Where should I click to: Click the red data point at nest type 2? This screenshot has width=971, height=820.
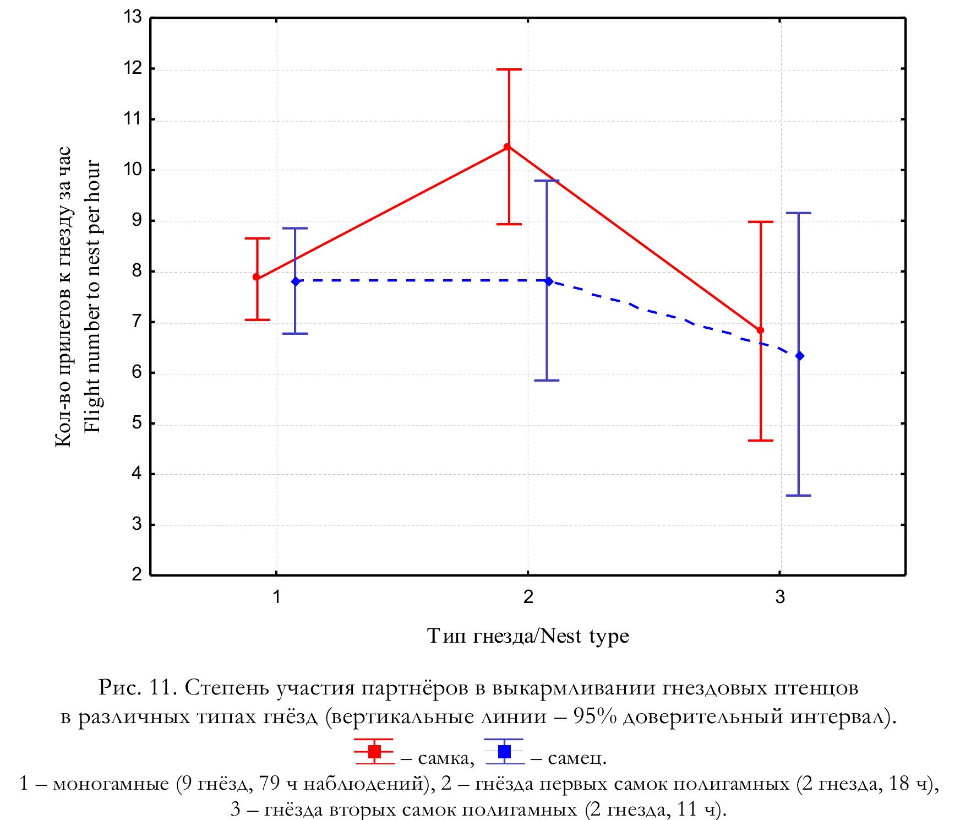(x=507, y=146)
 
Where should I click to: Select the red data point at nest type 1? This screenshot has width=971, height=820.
(x=257, y=277)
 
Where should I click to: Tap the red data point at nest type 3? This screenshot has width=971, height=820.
(x=761, y=330)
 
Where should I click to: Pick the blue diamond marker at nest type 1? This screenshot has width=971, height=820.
(x=296, y=281)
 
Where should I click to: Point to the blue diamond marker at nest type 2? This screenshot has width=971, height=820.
(x=548, y=281)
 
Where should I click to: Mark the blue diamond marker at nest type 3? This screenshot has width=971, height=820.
(x=800, y=356)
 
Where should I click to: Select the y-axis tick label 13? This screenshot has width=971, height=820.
(x=133, y=18)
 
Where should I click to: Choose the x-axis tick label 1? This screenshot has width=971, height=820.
(x=276, y=597)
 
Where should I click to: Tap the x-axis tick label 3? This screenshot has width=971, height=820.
(x=780, y=597)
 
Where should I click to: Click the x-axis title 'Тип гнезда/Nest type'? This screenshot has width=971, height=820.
(x=528, y=637)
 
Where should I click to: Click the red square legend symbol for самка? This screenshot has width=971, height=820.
(x=374, y=751)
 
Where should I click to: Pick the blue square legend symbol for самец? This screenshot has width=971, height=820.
(x=504, y=751)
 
